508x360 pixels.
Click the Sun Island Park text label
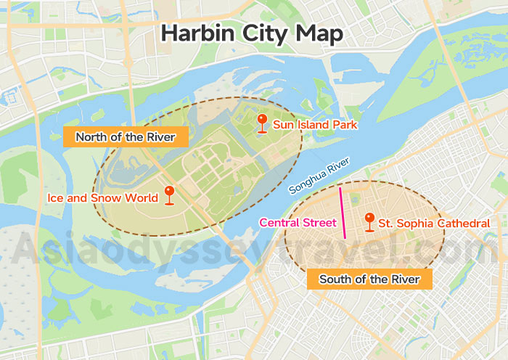(315, 126)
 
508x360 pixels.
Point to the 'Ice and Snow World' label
(102, 197)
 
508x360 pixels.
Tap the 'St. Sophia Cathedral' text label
(434, 224)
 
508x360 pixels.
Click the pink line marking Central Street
(342, 213)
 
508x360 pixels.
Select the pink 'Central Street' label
(298, 223)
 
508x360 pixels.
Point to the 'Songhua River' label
(320, 176)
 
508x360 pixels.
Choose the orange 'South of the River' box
(369, 279)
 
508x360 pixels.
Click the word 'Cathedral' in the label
(464, 224)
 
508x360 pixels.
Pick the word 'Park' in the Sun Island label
(345, 126)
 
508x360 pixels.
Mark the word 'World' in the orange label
(142, 197)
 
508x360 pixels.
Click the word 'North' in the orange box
(91, 136)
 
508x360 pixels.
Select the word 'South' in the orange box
(335, 279)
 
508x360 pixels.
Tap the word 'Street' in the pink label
(319, 223)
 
